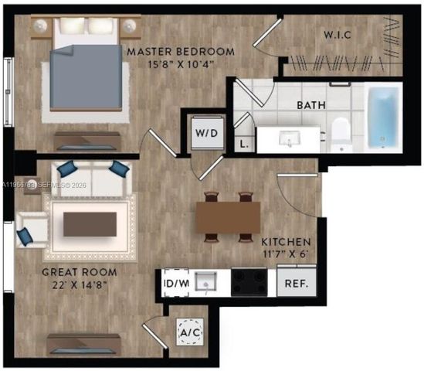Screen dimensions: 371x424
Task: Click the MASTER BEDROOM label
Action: [180, 52]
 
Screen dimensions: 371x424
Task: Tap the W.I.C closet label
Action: [338, 36]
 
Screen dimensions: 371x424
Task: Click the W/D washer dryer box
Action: [205, 133]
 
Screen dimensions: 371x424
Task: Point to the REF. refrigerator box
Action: [297, 283]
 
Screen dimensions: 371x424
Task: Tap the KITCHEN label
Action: [286, 241]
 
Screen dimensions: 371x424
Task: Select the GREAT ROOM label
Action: [80, 272]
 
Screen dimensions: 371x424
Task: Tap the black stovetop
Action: [249, 282]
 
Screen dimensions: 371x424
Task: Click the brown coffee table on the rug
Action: [90, 224]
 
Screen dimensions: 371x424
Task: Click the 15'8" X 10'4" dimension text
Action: [180, 65]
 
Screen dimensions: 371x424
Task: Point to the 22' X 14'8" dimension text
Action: [80, 284]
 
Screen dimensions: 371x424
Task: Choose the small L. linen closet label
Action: [244, 144]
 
